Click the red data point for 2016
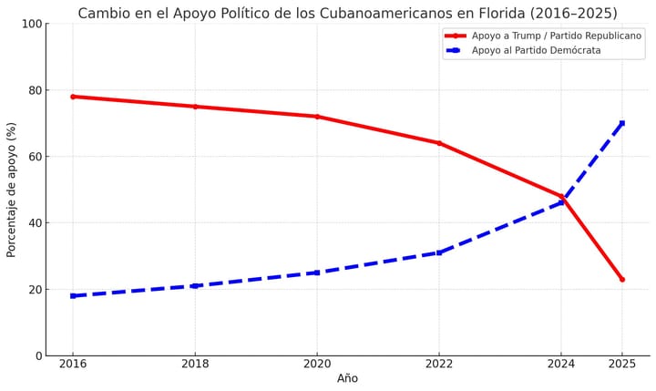73,97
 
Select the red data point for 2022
439,143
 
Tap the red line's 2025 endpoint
622,279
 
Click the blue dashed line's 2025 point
622,123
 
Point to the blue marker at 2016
73,295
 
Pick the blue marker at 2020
317,273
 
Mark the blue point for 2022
439,252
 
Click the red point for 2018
195,107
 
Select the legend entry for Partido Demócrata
536,50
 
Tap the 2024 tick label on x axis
561,363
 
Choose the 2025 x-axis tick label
622,363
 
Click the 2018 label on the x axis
195,363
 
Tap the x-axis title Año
347,378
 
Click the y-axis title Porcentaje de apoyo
12,190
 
